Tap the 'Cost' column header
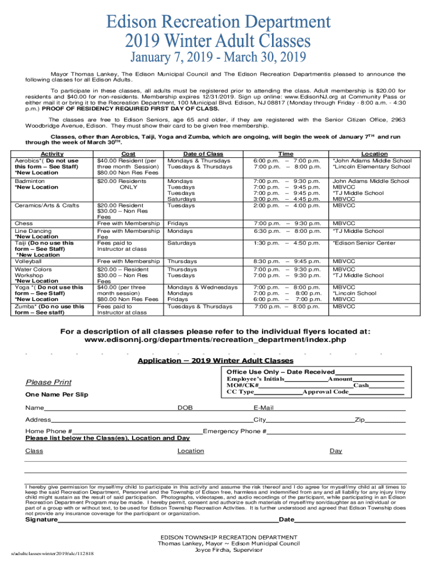coord(128,154)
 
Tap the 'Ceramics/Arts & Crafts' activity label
coord(46,205)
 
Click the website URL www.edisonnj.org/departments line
coord(215,340)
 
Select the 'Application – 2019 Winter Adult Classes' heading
coord(215,360)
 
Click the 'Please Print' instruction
coord(49,382)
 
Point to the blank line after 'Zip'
coord(386,420)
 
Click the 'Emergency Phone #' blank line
coord(336,431)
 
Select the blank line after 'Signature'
coord(168,520)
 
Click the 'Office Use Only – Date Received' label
coord(280,372)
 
